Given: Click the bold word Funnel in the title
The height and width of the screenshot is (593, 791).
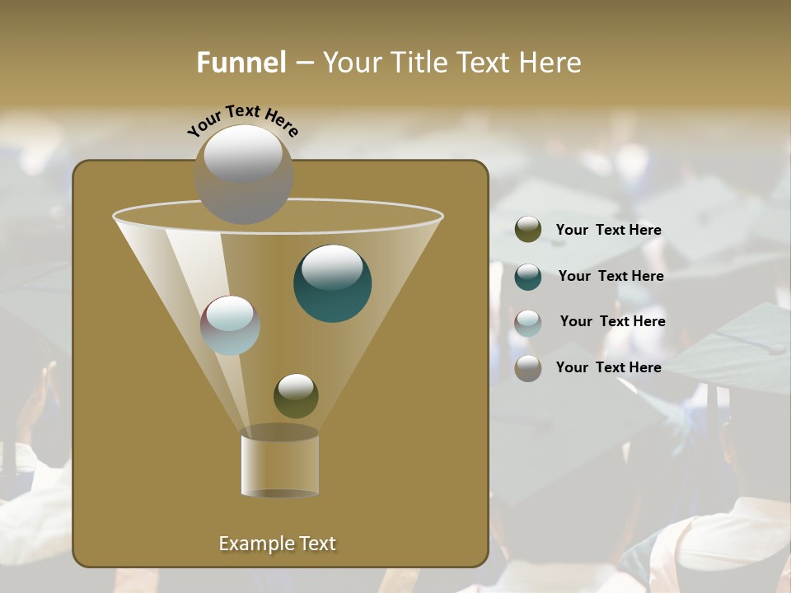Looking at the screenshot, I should (x=241, y=63).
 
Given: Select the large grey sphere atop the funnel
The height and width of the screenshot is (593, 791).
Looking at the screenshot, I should (x=244, y=175).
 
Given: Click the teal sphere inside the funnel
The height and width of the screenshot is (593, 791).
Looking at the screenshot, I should (x=333, y=284).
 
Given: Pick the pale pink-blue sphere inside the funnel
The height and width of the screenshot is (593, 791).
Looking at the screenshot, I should (x=231, y=325).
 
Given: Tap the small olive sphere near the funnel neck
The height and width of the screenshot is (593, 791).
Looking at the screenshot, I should (x=296, y=395).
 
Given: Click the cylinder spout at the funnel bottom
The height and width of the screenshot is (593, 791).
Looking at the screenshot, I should (x=280, y=463).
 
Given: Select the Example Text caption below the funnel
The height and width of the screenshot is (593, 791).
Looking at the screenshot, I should (x=278, y=544).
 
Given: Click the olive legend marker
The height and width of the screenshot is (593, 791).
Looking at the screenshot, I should (x=528, y=230).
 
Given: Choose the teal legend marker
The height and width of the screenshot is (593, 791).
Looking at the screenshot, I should (x=528, y=277).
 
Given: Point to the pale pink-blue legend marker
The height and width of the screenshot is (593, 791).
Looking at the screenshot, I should (x=528, y=323).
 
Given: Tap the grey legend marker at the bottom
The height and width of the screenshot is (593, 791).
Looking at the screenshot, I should (x=528, y=368).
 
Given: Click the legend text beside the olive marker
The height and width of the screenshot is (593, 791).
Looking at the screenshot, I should (x=609, y=231).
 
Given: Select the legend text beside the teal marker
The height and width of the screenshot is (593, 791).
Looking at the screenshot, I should (x=611, y=277).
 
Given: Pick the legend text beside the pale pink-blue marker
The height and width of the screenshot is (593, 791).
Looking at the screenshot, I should (x=613, y=322).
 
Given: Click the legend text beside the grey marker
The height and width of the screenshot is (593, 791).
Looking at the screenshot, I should (x=609, y=367).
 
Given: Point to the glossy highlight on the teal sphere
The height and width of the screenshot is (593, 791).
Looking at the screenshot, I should (x=332, y=266).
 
